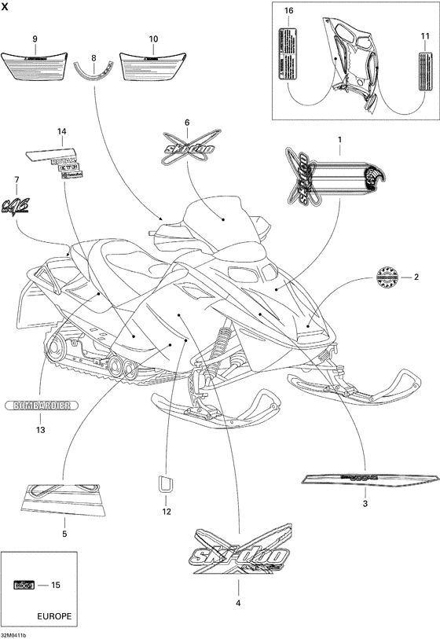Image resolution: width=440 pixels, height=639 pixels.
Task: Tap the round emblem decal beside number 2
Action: point(386,277)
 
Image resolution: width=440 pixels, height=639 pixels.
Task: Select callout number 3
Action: point(365,503)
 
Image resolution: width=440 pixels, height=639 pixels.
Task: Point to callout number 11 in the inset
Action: point(424,36)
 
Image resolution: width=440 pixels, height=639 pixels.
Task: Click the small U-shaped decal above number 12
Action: point(166,483)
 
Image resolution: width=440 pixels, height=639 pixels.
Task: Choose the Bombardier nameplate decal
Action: point(41,406)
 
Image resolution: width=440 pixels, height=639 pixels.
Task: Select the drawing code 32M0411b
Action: point(14,634)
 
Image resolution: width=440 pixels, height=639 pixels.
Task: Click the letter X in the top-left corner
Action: point(5,6)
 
